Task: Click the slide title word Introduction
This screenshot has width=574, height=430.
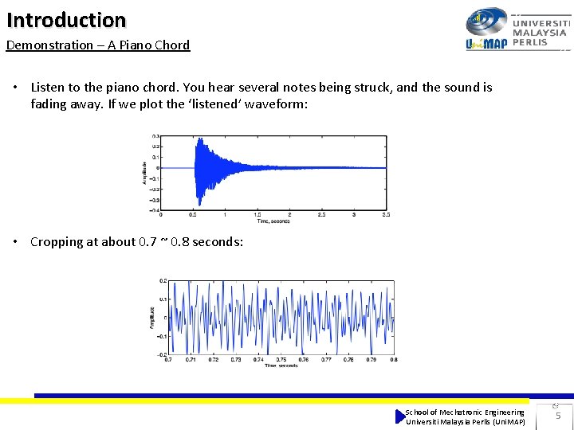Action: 66,19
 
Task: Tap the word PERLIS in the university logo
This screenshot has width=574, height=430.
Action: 530,42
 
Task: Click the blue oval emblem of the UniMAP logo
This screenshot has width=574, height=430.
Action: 486,21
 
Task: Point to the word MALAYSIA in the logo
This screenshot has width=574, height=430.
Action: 540,33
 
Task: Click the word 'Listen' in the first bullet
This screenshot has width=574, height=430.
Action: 48,88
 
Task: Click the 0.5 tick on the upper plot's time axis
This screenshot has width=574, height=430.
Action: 193,215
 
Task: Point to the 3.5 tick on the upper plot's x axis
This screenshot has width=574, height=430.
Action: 386,215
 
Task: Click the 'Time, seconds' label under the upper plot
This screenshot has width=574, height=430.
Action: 274,221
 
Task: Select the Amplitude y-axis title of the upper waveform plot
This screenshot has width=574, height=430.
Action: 145,174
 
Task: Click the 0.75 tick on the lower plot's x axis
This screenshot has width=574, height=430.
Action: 281,359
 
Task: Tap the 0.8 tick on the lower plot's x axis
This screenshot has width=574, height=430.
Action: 395,359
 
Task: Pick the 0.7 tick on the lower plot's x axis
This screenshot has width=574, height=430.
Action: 167,359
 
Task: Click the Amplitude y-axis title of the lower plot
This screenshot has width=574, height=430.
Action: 152,317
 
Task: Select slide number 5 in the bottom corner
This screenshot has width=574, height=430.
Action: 558,416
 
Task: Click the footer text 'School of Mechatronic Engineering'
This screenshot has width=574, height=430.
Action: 465,412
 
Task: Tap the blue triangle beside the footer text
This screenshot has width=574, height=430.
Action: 400,416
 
